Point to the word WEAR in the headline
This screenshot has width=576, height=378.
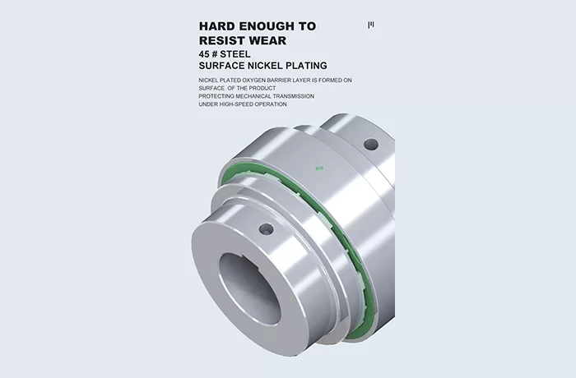tap(267, 40)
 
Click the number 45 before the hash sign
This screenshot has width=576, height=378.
tap(204, 54)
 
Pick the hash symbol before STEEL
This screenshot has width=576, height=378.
tap(214, 54)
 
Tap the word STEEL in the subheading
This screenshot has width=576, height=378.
tap(235, 54)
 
